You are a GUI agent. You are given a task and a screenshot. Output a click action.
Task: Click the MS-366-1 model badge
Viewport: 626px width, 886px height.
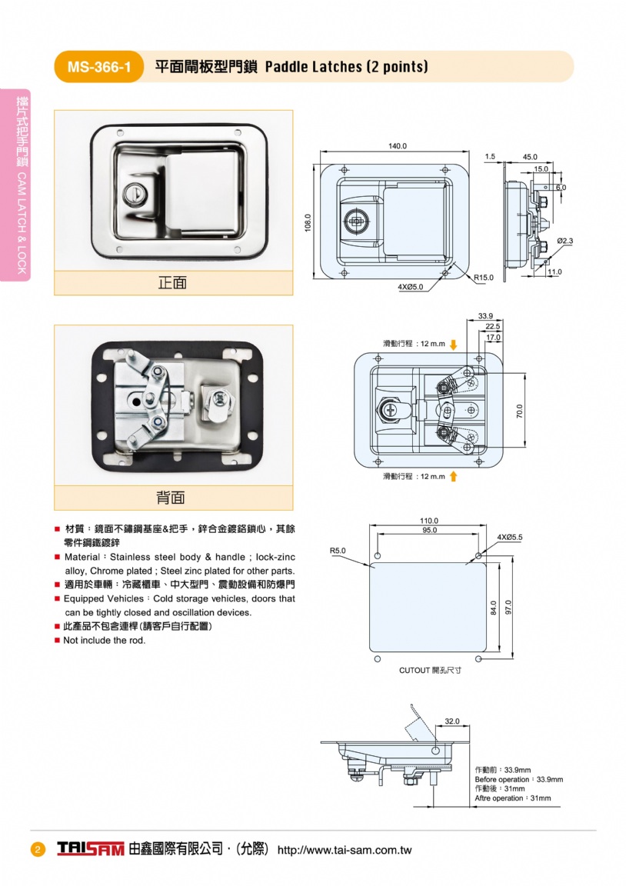pos(98,67)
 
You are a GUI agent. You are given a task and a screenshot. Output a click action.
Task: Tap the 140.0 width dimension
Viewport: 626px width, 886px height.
pos(398,146)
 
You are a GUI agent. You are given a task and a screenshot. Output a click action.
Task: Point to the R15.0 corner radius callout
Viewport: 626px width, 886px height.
pos(484,277)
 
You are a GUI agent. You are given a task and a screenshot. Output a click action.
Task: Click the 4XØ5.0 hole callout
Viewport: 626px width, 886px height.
pos(410,287)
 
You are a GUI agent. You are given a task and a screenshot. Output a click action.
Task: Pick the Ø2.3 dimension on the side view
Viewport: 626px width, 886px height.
pos(565,241)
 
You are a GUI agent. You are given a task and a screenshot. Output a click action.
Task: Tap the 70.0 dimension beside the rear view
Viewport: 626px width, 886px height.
pos(519,411)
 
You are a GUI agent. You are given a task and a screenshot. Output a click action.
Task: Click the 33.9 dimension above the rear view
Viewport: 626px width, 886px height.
pos(485,316)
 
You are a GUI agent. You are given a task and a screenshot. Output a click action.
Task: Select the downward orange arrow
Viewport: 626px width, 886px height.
pos(454,344)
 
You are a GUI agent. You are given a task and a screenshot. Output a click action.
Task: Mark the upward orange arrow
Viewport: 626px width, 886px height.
pos(454,477)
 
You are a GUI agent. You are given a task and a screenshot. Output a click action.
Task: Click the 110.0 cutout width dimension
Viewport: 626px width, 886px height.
pos(429,521)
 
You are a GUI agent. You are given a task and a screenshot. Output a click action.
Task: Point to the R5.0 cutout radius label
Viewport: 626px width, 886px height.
pos(338,551)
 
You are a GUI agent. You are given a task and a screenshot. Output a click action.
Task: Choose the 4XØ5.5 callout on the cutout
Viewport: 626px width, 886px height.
pos(510,536)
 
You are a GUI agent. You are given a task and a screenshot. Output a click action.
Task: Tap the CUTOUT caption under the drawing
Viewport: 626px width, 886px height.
pos(430,671)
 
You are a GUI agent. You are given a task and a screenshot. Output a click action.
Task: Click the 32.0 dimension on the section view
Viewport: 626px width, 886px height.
pos(452,721)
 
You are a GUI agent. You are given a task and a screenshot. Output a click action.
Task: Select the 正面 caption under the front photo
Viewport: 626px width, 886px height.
pos(173,283)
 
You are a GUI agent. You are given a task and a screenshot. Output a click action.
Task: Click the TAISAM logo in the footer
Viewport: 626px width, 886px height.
pos(90,849)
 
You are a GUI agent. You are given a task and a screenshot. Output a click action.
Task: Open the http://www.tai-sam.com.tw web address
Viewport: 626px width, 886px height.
pos(344,850)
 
